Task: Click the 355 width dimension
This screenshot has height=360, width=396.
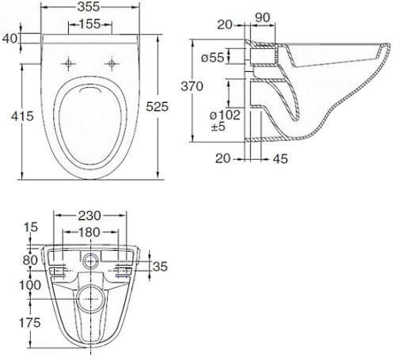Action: point(89,7)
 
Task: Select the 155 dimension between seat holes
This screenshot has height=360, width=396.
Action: point(90,24)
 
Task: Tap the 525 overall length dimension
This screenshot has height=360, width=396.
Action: point(158,107)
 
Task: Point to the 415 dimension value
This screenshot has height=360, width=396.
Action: point(22,116)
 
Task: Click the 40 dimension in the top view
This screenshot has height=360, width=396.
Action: point(10,39)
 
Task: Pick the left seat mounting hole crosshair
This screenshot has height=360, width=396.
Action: point(68,63)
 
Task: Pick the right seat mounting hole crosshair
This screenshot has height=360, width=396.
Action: point(112,63)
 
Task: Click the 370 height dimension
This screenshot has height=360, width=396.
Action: point(192,86)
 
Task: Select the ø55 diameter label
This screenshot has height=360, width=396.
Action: point(213,57)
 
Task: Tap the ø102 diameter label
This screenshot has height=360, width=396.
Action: point(225,116)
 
